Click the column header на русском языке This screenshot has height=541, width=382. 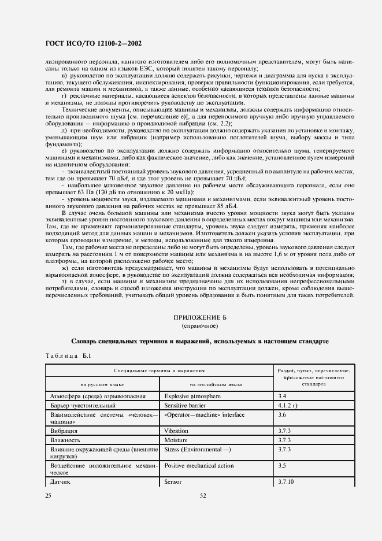102,384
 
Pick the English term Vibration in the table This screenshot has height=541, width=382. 176,431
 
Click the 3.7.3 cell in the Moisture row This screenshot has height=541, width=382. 284,440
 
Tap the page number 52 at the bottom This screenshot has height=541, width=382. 203,495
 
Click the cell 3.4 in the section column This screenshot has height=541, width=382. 282,397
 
